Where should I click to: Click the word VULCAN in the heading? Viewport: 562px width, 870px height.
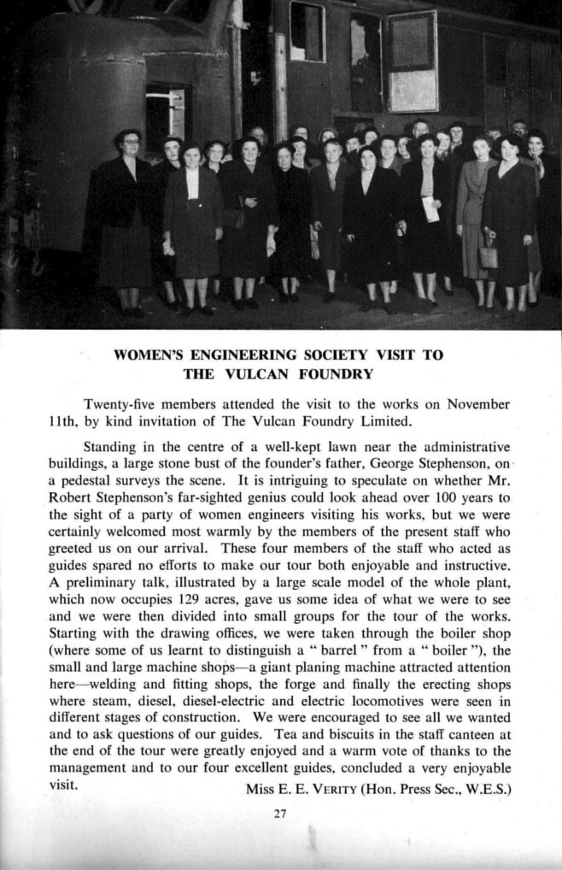[266, 373]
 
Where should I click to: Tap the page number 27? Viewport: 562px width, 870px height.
[279, 813]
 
